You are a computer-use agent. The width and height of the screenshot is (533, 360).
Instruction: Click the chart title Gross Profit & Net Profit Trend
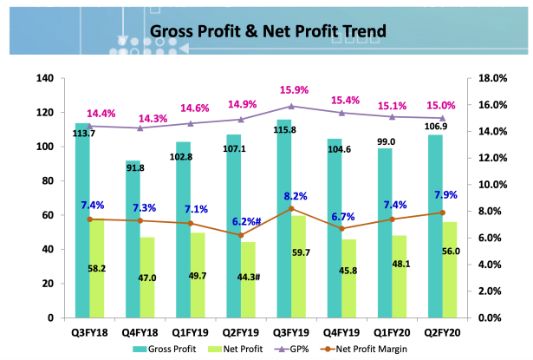(268, 33)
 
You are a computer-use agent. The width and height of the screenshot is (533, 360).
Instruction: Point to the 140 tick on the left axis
(45, 79)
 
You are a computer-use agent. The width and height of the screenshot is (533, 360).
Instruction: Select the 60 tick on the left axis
(49, 215)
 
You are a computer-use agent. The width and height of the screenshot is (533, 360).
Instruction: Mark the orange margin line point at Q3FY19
(292, 208)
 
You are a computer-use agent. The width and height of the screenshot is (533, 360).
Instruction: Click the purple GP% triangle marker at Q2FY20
(442, 118)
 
